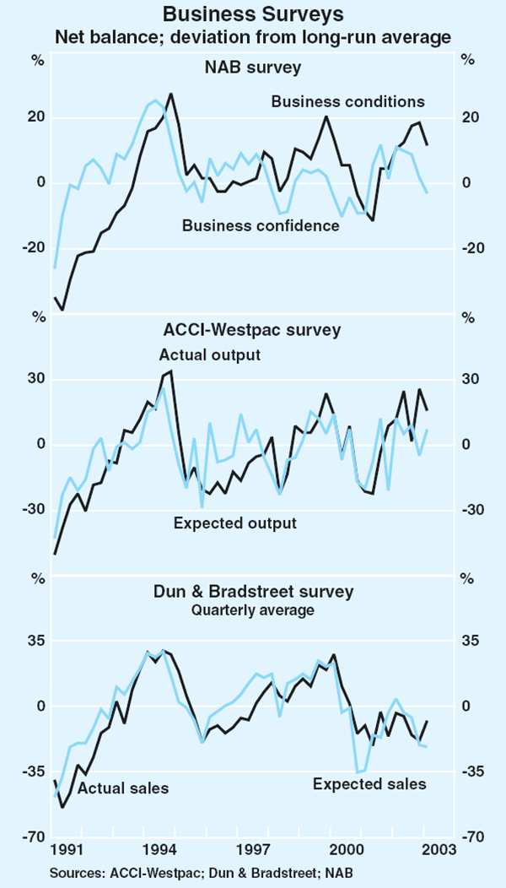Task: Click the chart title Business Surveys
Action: (253, 14)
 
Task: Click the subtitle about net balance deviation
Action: (253, 38)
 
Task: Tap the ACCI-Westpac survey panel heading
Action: (252, 329)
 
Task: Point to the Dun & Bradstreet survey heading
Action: (252, 591)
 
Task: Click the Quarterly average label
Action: (252, 609)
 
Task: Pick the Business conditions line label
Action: (347, 102)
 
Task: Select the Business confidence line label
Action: (261, 225)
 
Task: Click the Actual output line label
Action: (209, 355)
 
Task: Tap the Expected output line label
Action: (235, 523)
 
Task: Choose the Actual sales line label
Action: (123, 788)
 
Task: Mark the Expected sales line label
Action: (369, 784)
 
